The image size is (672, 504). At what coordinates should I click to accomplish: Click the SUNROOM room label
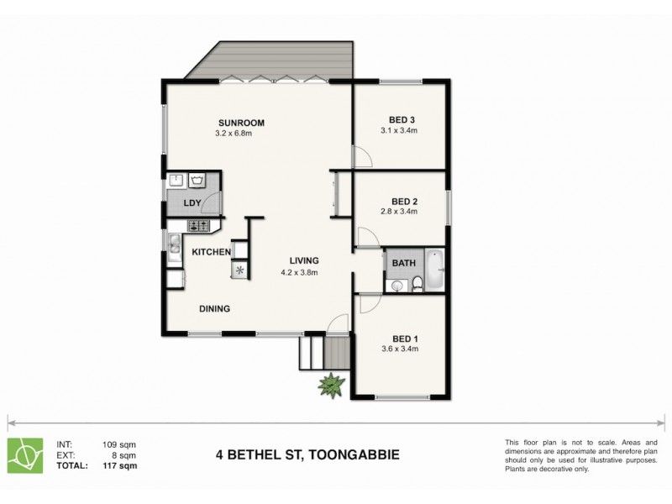(239, 123)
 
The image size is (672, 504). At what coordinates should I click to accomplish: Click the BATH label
(404, 263)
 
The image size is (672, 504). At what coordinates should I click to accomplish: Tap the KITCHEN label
(211, 252)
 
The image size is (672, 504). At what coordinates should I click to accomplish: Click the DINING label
(214, 308)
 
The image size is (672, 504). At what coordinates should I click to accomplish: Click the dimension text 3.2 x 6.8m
(239, 134)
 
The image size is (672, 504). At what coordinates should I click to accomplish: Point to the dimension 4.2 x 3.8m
(298, 272)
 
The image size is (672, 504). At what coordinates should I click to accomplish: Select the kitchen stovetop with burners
(199, 224)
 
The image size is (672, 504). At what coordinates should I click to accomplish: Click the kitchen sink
(172, 244)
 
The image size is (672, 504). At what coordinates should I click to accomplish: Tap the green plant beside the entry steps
(332, 385)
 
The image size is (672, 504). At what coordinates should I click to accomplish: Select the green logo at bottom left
(25, 454)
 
